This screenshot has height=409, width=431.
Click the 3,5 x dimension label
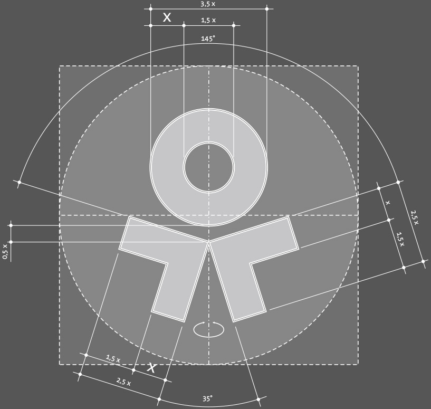pos(207,4)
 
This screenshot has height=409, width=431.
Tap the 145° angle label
pos(208,39)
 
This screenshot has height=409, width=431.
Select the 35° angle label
pos(207,398)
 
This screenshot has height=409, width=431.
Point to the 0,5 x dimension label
pos(5,251)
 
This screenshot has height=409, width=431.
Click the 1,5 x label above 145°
pos(208,20)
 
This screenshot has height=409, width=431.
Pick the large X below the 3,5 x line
pos(167,17)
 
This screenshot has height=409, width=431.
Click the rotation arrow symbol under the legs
pos(209,329)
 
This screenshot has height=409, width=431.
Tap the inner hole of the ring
pos(209,167)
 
